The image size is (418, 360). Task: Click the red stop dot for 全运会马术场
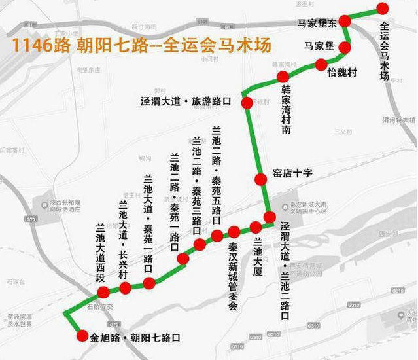point(383,9)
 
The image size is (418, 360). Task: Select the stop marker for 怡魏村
point(321,64)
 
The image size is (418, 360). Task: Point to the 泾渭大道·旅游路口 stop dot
point(247,103)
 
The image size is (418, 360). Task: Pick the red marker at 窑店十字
point(260,178)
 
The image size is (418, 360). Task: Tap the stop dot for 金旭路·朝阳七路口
point(82,336)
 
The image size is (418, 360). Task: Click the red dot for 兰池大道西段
point(103,292)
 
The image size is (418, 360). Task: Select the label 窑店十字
point(292,173)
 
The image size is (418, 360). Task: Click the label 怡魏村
point(343,73)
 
